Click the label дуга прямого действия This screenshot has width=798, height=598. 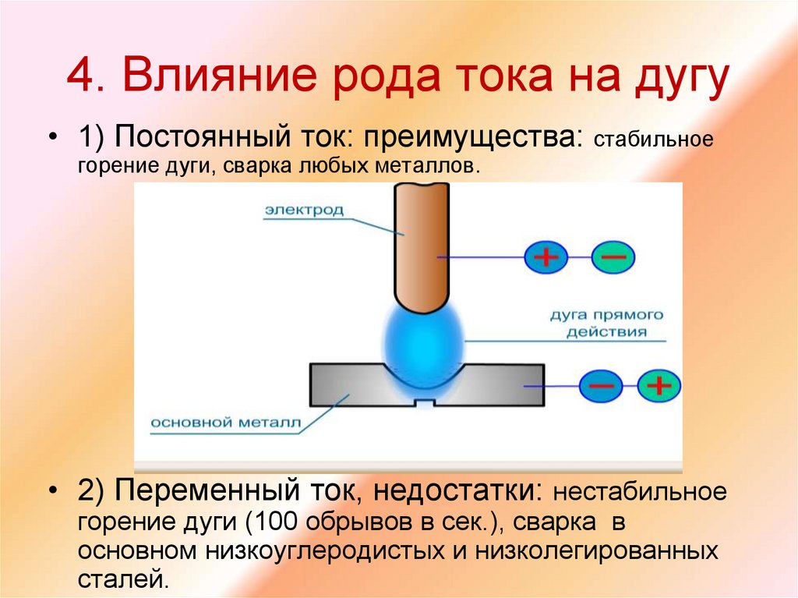tap(607, 324)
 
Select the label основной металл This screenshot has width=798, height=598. tap(225, 423)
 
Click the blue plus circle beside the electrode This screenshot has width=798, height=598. tap(546, 257)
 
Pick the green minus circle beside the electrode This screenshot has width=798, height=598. tap(613, 257)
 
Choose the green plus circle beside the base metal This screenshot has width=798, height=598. tap(659, 385)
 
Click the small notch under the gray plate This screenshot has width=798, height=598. tap(423, 403)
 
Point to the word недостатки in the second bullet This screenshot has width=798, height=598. tap(457, 492)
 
